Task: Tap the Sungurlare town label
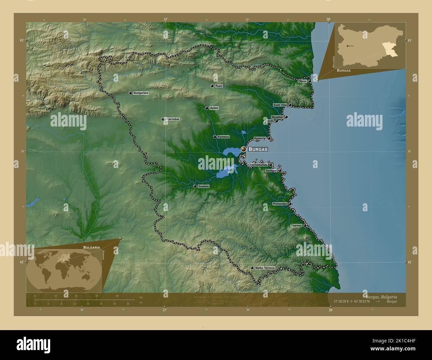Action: pos(141,93)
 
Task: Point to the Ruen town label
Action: pos(219,86)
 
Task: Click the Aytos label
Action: pos(214,108)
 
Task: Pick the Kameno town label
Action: pos(223,137)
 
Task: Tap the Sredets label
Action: pos(203,186)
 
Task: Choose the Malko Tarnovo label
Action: pos(265,268)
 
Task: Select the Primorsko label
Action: pos(280,204)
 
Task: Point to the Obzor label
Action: pos(302,81)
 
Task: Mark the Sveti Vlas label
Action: pos(280,105)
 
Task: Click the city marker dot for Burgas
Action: pos(244,149)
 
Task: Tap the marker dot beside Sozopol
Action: pos(280,170)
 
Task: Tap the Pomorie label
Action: pos(260,138)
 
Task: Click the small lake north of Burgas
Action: pos(244,132)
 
